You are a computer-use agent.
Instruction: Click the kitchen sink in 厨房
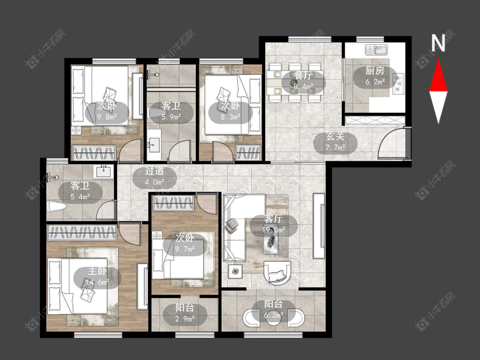pyautogui.click(x=376, y=50)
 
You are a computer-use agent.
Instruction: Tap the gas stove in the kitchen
pyautogui.click(x=398, y=83)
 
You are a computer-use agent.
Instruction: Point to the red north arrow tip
pyautogui.click(x=438, y=60)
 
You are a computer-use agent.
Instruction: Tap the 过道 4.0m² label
pyautogui.click(x=154, y=177)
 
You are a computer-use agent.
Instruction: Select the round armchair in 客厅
pyautogui.click(x=278, y=272)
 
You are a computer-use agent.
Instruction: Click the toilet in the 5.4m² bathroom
pyautogui.click(x=56, y=206)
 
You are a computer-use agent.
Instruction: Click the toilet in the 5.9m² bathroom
pyautogui.click(x=156, y=113)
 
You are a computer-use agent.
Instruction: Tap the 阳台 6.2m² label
pyautogui.click(x=273, y=310)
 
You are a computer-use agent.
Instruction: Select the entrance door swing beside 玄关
pyautogui.click(x=391, y=143)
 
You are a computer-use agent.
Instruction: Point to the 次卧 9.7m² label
pyautogui.click(x=185, y=244)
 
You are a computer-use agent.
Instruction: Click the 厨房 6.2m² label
pyautogui.click(x=375, y=76)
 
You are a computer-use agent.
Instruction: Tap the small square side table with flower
pyautogui.click(x=235, y=271)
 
